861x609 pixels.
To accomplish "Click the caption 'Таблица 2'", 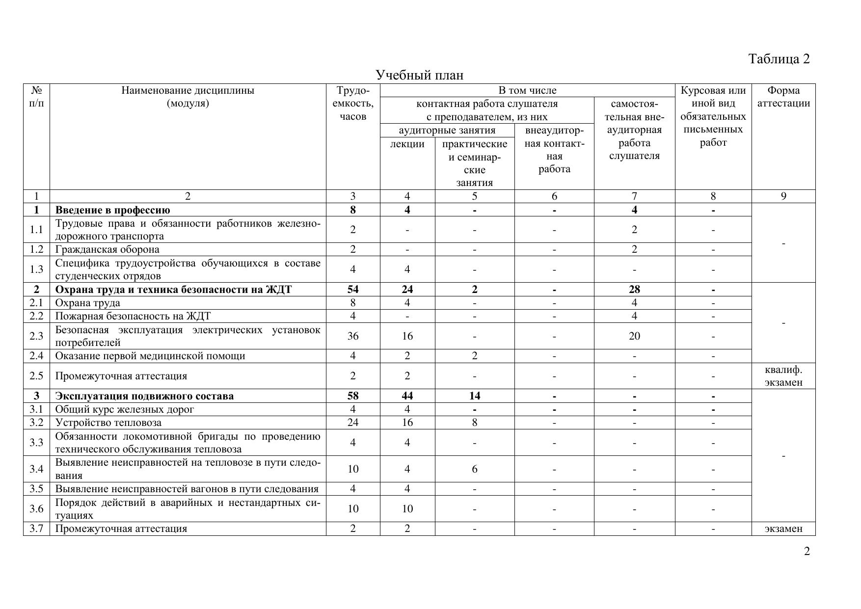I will click(779, 59).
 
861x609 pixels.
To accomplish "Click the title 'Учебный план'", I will click(419, 75).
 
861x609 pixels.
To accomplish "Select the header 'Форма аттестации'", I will click(783, 97).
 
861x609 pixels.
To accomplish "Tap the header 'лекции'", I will click(407, 144).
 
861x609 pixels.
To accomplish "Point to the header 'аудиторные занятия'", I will click(447, 130).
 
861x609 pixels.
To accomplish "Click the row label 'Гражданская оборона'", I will click(107, 249).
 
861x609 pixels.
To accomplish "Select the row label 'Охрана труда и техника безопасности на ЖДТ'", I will click(173, 290).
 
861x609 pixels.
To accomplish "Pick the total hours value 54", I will click(352, 290).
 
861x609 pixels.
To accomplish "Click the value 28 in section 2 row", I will click(634, 290).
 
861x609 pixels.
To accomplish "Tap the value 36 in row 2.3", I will click(352, 336).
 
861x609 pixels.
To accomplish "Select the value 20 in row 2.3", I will click(634, 336).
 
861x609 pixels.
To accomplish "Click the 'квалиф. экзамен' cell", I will click(783, 376).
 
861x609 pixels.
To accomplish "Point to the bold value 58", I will click(352, 396).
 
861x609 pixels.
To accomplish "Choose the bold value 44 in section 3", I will click(407, 396).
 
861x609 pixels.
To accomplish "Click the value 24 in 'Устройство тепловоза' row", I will click(352, 423).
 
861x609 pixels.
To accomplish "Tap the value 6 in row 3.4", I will click(474, 469).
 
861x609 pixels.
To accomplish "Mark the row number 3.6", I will click(36, 509).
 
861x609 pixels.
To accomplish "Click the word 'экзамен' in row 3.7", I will click(783, 529).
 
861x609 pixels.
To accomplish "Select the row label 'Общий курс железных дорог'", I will click(125, 409).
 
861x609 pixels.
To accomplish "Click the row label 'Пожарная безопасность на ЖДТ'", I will click(133, 316).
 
